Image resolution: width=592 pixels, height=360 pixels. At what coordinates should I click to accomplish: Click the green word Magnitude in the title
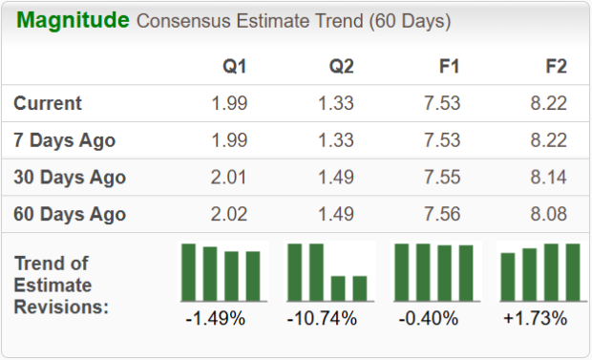coord(72,20)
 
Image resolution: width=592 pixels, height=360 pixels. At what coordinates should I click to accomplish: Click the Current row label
coord(48,103)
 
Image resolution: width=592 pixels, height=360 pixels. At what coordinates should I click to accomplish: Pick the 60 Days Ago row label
coord(70,214)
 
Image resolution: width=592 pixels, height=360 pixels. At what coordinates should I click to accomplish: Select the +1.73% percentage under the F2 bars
coord(536,318)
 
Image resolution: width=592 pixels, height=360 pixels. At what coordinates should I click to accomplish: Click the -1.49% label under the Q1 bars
coord(216,318)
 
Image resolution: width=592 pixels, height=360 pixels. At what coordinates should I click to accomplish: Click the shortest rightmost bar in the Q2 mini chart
coord(359,288)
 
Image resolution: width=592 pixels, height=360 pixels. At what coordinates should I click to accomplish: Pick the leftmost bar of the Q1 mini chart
coord(189,272)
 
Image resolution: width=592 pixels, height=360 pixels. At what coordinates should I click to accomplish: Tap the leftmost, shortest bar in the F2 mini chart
coord(508,277)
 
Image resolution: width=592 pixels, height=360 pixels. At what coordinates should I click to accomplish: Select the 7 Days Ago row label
coord(65,140)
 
